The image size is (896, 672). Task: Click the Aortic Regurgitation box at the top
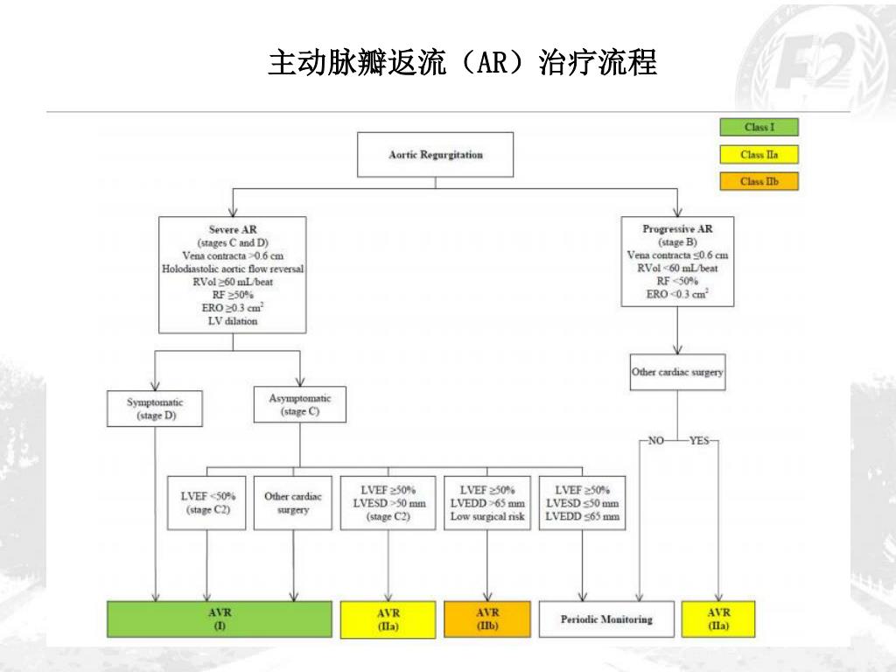[x=435, y=155]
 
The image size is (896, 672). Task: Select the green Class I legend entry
[x=758, y=128]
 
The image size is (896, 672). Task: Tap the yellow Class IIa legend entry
[x=758, y=155]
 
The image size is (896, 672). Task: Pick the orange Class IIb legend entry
[x=758, y=181]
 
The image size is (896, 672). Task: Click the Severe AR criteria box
[x=233, y=275]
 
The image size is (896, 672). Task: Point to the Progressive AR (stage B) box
[x=677, y=262]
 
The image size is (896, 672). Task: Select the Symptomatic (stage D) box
[x=156, y=409]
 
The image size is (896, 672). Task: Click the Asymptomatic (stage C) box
[x=299, y=404]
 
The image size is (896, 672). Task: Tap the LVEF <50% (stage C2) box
[x=206, y=503]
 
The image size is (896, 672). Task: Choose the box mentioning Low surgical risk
[x=487, y=503]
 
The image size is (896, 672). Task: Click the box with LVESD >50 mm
[x=388, y=503]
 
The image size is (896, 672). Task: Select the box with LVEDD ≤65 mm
[x=583, y=503]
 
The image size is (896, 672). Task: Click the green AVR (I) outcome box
[x=219, y=619]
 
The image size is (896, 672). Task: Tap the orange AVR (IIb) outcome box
[x=487, y=619]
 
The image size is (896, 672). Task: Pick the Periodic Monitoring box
[x=606, y=619]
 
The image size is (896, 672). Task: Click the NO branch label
[x=655, y=441]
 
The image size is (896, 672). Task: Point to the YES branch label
[x=699, y=441]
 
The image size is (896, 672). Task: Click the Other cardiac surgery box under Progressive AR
[x=677, y=372]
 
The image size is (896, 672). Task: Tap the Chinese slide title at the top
[x=462, y=63]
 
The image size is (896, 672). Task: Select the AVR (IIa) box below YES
[x=718, y=619]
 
